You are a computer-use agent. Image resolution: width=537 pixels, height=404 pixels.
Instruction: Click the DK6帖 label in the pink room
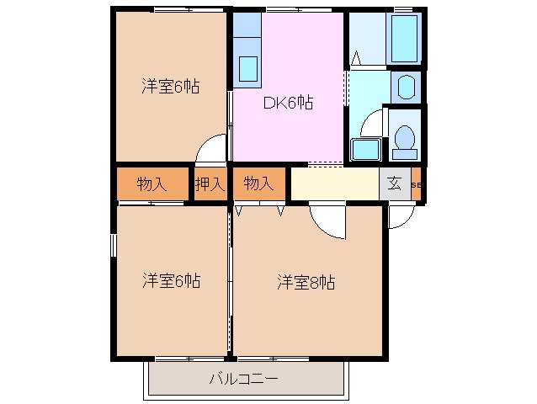(289, 103)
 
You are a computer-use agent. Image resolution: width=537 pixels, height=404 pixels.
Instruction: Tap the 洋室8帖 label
(306, 283)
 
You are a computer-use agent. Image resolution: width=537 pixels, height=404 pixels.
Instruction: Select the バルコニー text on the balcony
(245, 379)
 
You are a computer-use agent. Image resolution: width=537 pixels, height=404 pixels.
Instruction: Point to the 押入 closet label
(210, 183)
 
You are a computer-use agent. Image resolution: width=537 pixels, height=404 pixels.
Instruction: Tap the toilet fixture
(405, 140)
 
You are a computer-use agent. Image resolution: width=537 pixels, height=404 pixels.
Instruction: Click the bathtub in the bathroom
(405, 39)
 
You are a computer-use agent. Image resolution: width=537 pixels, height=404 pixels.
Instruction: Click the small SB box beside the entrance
(416, 184)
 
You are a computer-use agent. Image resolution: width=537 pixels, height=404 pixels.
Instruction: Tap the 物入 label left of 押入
(151, 183)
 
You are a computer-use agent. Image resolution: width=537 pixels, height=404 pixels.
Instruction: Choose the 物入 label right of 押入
(258, 183)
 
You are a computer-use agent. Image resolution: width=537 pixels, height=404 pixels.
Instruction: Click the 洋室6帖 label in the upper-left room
(170, 86)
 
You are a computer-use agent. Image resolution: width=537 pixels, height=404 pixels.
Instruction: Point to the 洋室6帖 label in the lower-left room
(170, 281)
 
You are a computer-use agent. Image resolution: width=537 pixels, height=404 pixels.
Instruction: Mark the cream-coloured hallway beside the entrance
(333, 183)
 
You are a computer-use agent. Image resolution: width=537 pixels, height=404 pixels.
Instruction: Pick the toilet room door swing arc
(370, 126)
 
